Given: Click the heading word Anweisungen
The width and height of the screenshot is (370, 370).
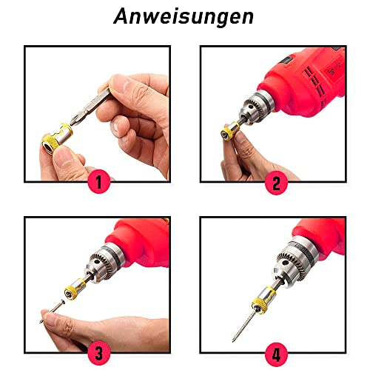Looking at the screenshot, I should [x=184, y=17].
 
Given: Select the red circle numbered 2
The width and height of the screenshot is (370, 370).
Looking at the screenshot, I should [x=277, y=182].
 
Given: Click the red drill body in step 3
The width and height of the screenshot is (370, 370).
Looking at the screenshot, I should [x=141, y=240].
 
